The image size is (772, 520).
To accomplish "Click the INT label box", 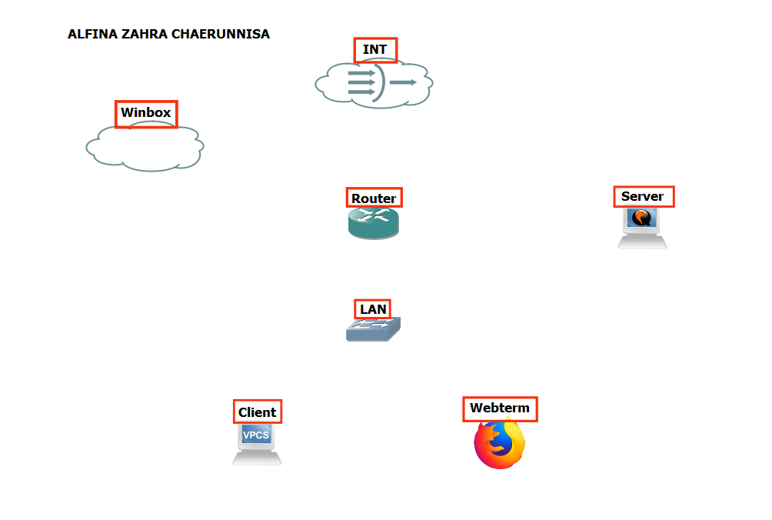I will (375, 50).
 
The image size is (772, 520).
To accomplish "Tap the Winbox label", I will (146, 113).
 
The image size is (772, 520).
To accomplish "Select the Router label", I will (374, 198).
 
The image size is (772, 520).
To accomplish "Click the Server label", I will (643, 196).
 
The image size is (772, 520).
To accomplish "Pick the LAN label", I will (373, 309).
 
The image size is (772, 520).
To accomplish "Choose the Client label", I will (257, 412).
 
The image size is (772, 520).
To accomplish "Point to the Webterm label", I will (500, 408).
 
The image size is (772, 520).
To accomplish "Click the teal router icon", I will (374, 223).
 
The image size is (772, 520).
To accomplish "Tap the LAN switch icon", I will (373, 330).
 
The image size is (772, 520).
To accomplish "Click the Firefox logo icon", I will (499, 444).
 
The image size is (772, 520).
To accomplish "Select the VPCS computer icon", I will (257, 444).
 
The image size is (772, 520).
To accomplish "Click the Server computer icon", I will (642, 228).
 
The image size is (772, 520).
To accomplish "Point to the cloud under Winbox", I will (145, 149).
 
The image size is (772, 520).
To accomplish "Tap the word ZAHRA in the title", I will (139, 35).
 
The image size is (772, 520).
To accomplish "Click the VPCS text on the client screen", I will (256, 435).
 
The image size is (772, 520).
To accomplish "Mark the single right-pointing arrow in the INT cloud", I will (403, 82).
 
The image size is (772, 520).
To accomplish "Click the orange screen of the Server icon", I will (641, 218).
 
